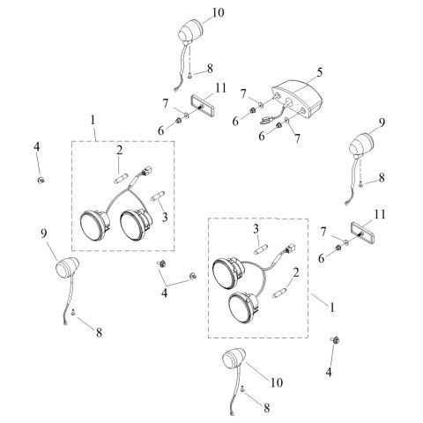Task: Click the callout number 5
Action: (319, 72)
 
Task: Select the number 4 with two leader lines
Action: (164, 293)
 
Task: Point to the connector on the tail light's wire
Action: (264, 120)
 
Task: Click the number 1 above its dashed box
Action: (93, 120)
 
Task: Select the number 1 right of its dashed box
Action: (332, 308)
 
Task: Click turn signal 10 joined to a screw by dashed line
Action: (190, 33)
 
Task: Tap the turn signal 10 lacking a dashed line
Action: (234, 359)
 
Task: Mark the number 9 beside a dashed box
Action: (44, 234)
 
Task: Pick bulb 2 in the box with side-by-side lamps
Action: (121, 178)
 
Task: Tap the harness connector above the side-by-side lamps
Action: (146, 171)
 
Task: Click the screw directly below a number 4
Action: (41, 180)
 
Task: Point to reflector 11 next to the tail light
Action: (204, 105)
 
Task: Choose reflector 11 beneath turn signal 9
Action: (362, 233)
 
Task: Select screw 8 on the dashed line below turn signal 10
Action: (189, 75)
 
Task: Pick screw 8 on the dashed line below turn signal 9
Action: (360, 184)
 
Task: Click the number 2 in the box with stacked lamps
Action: (296, 273)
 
